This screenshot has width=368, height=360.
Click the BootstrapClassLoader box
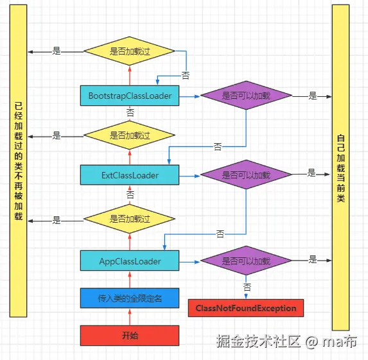point(130,96)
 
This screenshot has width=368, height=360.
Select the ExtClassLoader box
point(130,175)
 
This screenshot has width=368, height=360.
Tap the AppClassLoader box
point(130,261)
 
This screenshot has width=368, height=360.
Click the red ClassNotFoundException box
point(246,308)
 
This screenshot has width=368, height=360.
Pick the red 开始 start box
point(130,336)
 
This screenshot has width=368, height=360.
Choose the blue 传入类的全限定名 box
point(130,298)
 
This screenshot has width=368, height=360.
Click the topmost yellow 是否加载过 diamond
point(129,51)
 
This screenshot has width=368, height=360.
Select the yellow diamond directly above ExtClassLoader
point(129,135)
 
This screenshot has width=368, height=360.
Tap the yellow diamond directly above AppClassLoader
point(129,219)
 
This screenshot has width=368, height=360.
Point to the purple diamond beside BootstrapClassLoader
point(246,96)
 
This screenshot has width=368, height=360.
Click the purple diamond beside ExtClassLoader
point(246,175)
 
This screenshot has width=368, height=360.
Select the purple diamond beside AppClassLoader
point(246,261)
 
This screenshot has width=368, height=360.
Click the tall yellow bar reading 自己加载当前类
point(340,167)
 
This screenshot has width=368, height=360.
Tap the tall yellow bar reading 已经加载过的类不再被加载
point(19,161)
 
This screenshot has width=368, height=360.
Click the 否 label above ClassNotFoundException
point(247,287)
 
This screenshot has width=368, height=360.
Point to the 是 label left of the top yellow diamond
point(57,51)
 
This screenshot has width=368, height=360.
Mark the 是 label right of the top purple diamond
point(313,96)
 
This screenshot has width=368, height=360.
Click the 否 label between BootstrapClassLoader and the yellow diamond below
point(130,112)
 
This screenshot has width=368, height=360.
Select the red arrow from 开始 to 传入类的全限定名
point(130,317)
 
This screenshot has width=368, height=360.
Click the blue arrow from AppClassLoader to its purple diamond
point(189,262)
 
